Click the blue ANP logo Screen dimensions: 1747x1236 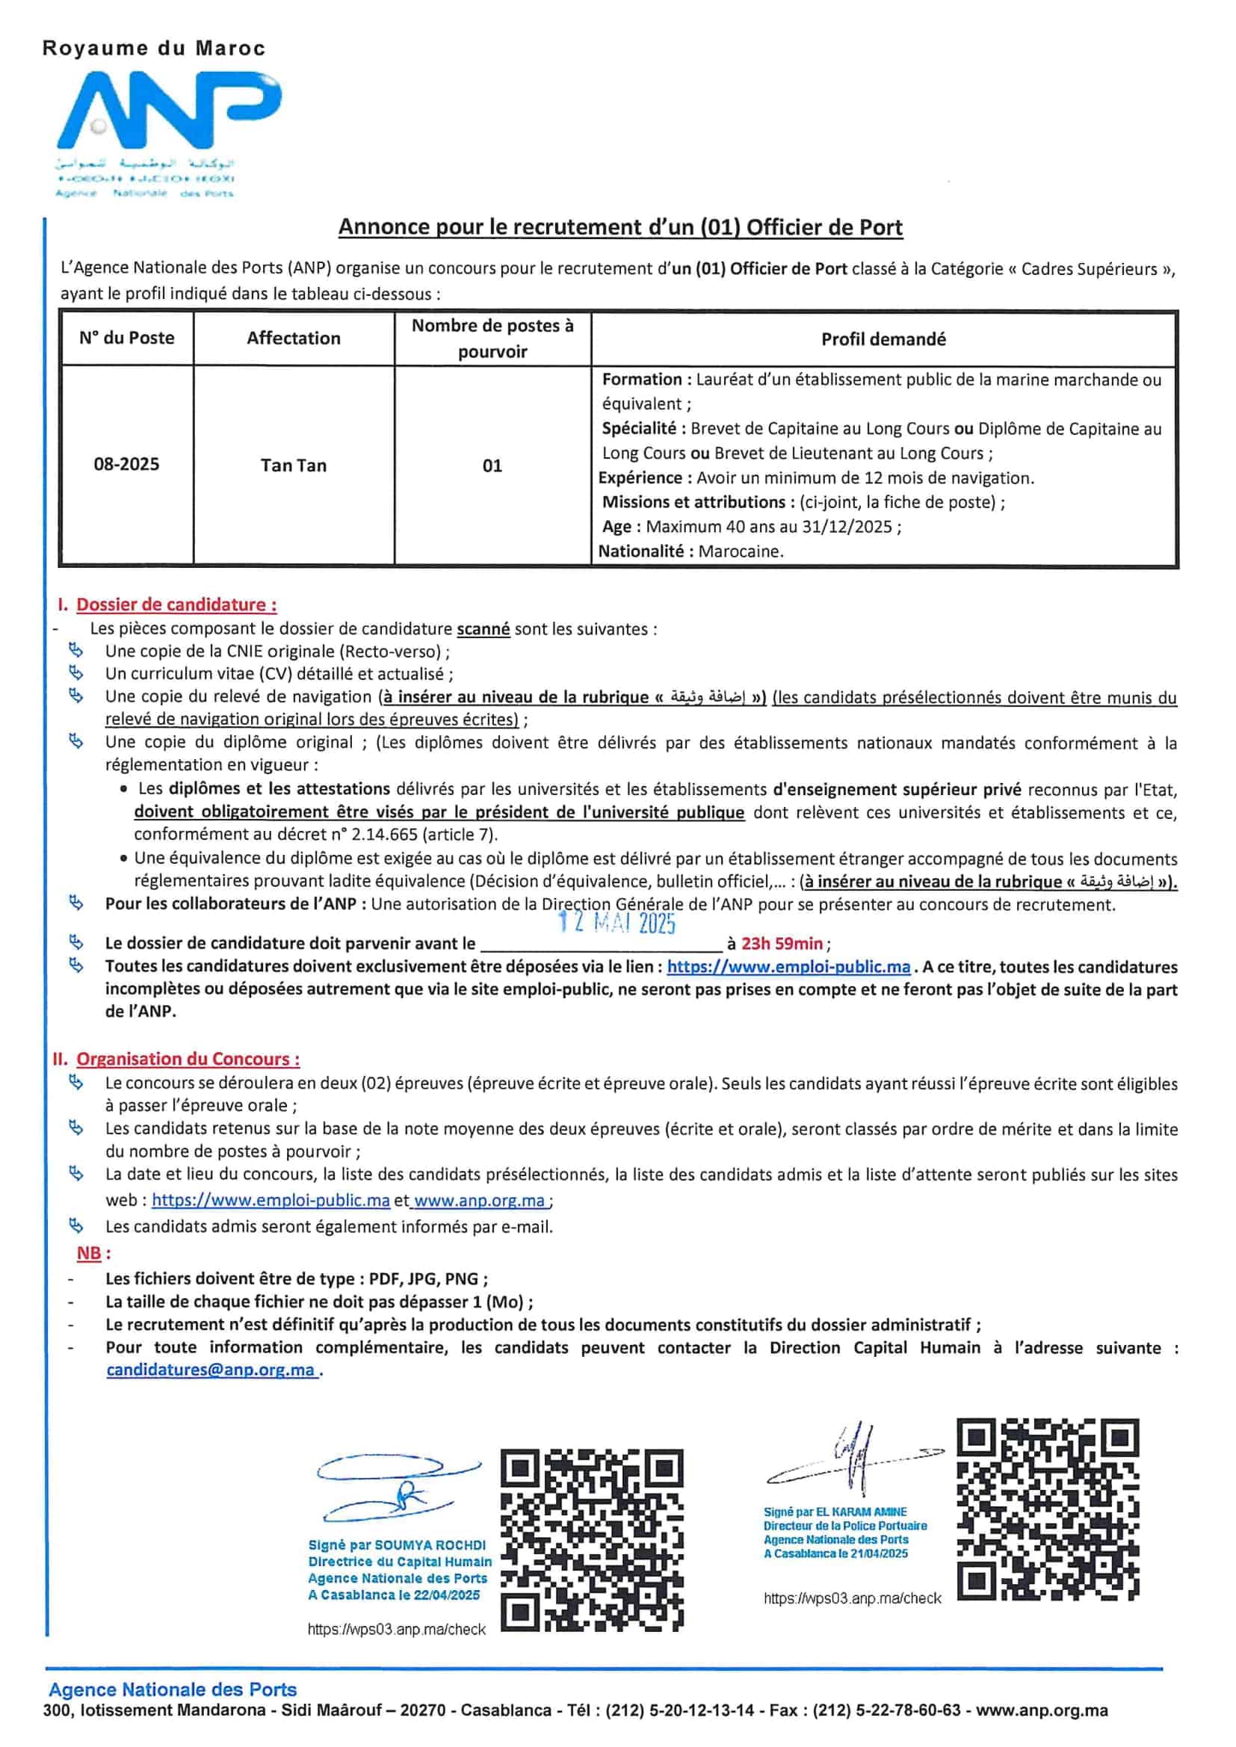click(169, 114)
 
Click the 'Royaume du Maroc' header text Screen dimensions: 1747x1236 click(154, 49)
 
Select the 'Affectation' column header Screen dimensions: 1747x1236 click(293, 338)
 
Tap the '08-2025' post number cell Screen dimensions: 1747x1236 click(126, 464)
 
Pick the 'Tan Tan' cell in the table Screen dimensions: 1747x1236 click(293, 466)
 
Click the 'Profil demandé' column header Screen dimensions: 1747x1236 click(883, 339)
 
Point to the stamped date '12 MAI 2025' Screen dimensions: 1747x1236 click(617, 923)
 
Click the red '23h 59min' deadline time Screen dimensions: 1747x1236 click(782, 944)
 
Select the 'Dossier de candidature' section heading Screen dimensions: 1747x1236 click(176, 605)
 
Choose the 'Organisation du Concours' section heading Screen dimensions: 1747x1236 click(188, 1059)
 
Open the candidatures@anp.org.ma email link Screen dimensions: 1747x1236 click(211, 1370)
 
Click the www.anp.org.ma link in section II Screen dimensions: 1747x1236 click(480, 1201)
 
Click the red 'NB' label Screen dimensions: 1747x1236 click(89, 1253)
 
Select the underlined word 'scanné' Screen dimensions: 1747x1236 click(483, 629)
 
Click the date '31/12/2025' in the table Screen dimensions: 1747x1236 click(850, 527)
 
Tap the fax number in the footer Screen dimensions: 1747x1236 click(887, 1711)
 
